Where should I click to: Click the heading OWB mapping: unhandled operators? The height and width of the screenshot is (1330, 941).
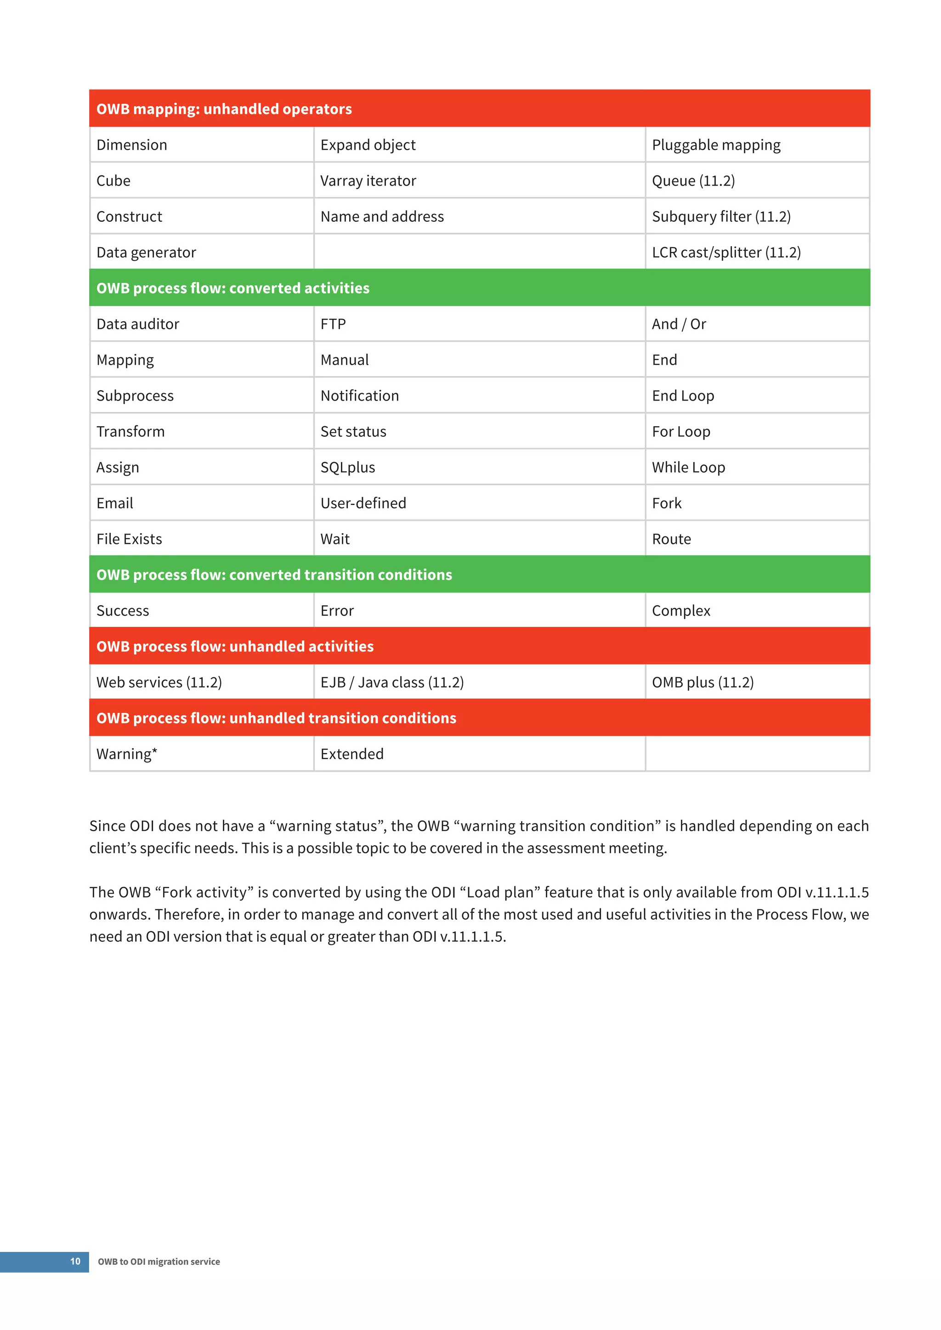click(x=224, y=109)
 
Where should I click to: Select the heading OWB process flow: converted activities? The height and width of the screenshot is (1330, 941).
click(x=232, y=288)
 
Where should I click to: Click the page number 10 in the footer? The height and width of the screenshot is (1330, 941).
click(x=75, y=1262)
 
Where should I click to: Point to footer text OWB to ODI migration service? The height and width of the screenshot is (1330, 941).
click(x=159, y=1262)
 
